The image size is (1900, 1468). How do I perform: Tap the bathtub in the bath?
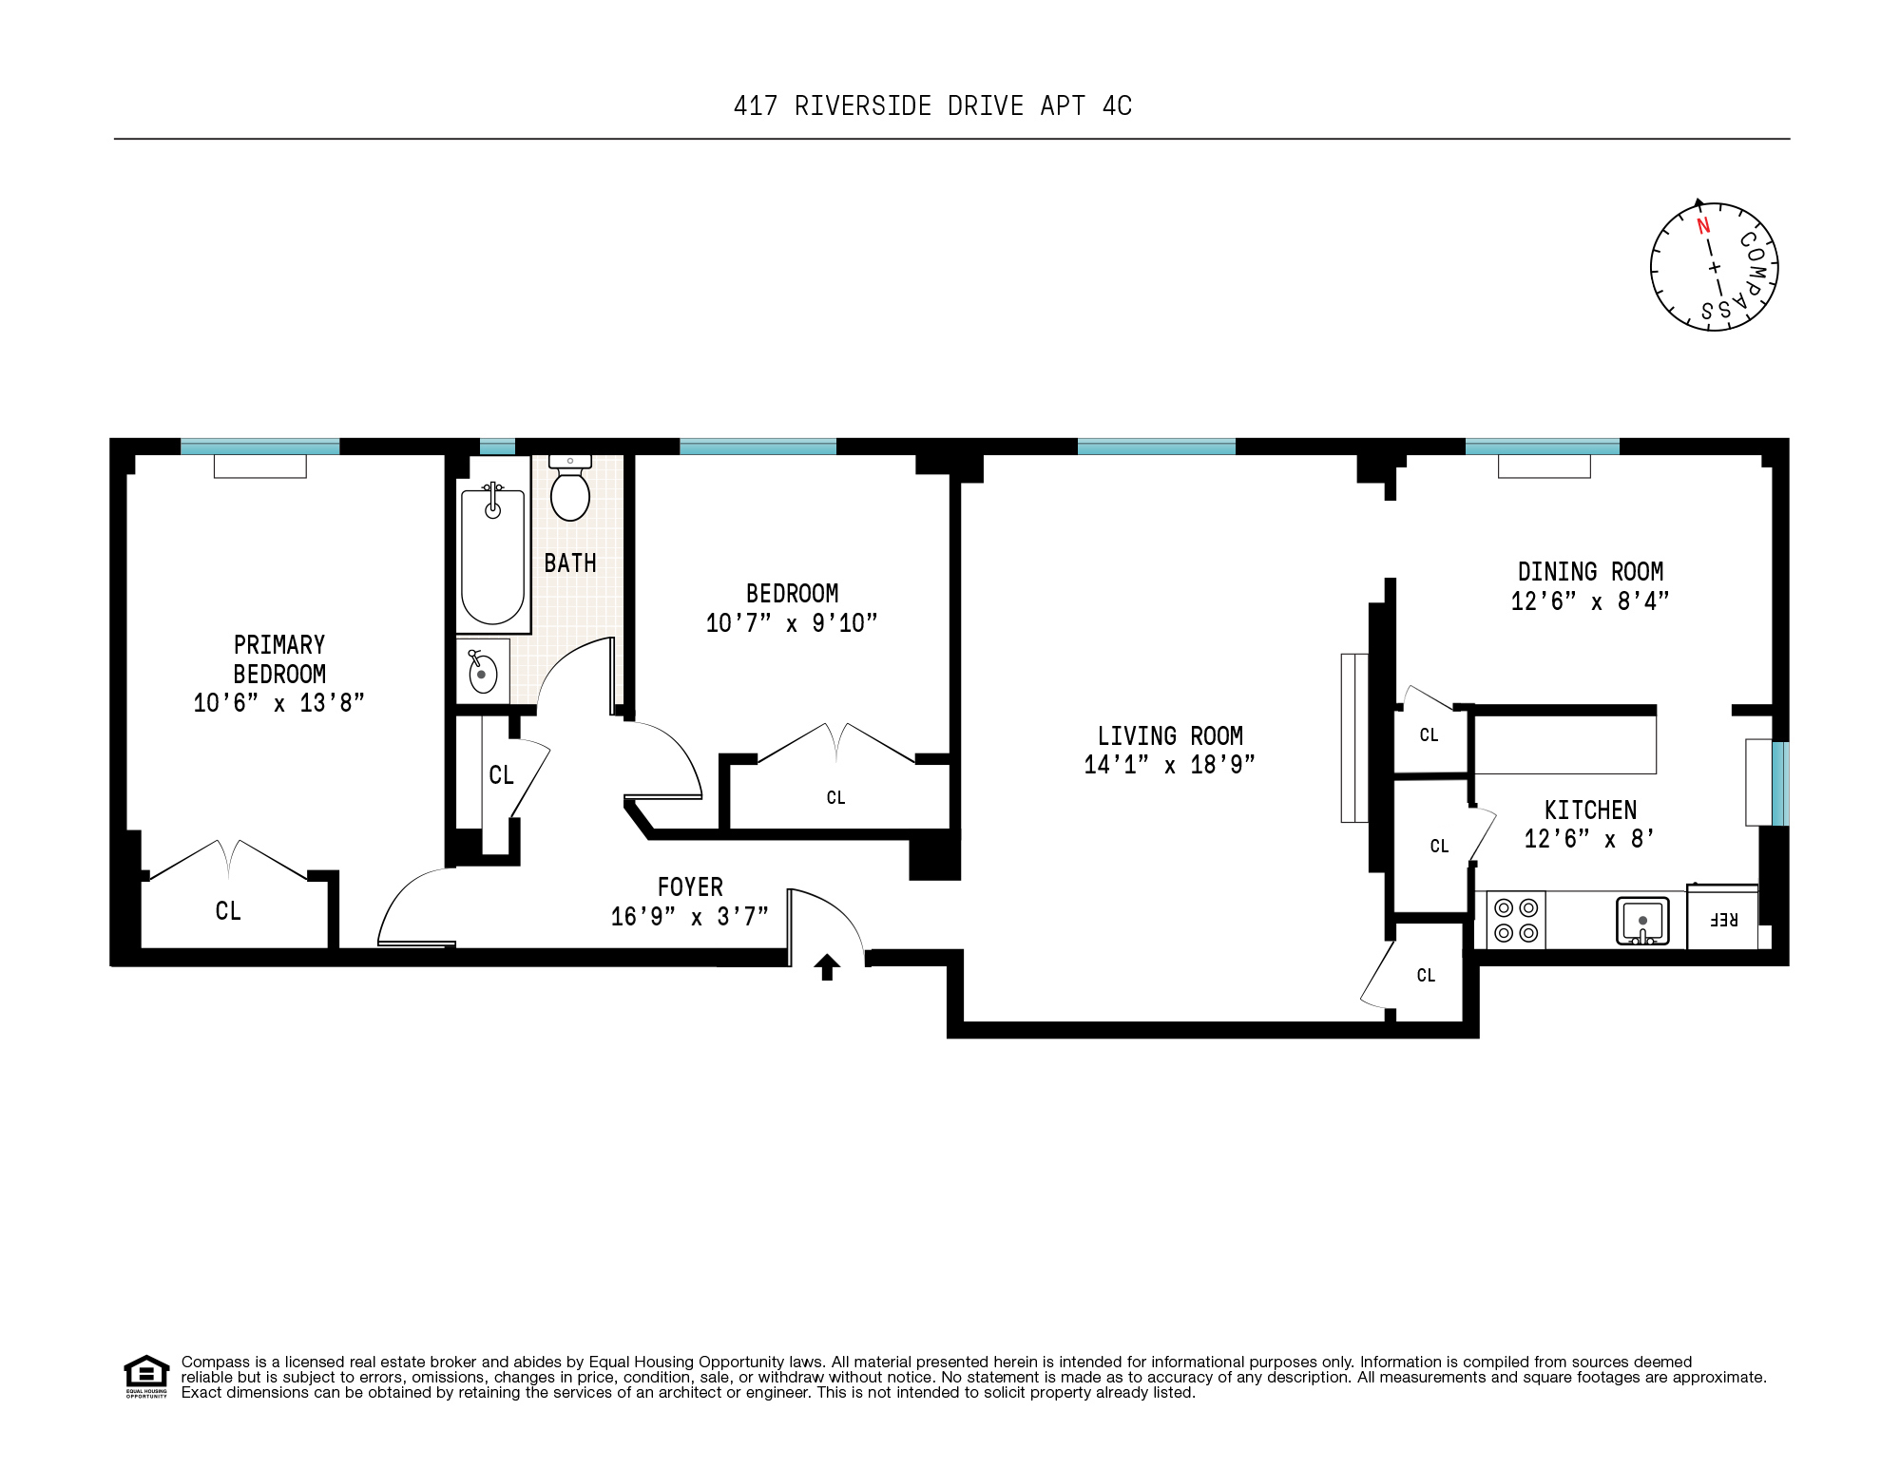[x=492, y=556]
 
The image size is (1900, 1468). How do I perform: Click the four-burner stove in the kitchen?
[x=1516, y=920]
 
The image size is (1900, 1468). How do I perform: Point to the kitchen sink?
[x=1642, y=921]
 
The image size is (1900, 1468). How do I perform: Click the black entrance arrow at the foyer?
[x=827, y=966]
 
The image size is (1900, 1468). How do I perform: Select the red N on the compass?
[x=1703, y=226]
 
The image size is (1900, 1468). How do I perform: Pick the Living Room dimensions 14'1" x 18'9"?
[x=1169, y=765]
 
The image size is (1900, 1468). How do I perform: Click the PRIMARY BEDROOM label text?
[x=279, y=659]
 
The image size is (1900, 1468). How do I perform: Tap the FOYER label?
[x=690, y=887]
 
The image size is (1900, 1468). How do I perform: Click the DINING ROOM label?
[x=1590, y=572]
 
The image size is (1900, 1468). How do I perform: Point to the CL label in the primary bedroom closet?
[x=228, y=911]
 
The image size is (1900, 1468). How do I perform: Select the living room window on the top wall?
[x=1156, y=447]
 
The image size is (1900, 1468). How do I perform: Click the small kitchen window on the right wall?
[x=1780, y=783]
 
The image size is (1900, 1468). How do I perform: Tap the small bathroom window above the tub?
[x=496, y=447]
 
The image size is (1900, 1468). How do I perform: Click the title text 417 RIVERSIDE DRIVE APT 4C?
[x=932, y=106]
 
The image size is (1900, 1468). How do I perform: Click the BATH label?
[x=570, y=563]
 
